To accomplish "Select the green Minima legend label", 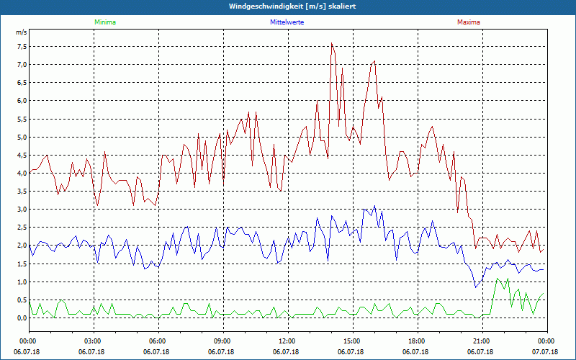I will pyautogui.click(x=104, y=22).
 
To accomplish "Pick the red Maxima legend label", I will pyautogui.click(x=469, y=22).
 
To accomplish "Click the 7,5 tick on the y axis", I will pyautogui.click(x=21, y=46).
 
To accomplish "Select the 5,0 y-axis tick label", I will pyautogui.click(x=21, y=137).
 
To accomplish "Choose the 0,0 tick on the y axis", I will pyautogui.click(x=21, y=318).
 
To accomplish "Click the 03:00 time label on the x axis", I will pyautogui.click(x=93, y=341).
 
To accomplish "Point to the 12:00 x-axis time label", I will pyautogui.click(x=287, y=341).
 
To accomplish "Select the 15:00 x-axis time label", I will pyautogui.click(x=351, y=341).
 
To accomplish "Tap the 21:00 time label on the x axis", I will pyautogui.click(x=481, y=341).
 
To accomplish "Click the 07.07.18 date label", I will pyautogui.click(x=545, y=352).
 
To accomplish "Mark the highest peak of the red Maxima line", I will pyautogui.click(x=332, y=43).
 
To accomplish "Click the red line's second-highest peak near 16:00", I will pyautogui.click(x=374, y=61).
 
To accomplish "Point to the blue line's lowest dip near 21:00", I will pyautogui.click(x=475, y=287).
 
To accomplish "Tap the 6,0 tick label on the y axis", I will pyautogui.click(x=21, y=101).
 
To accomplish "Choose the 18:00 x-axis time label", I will pyautogui.click(x=416, y=341).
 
